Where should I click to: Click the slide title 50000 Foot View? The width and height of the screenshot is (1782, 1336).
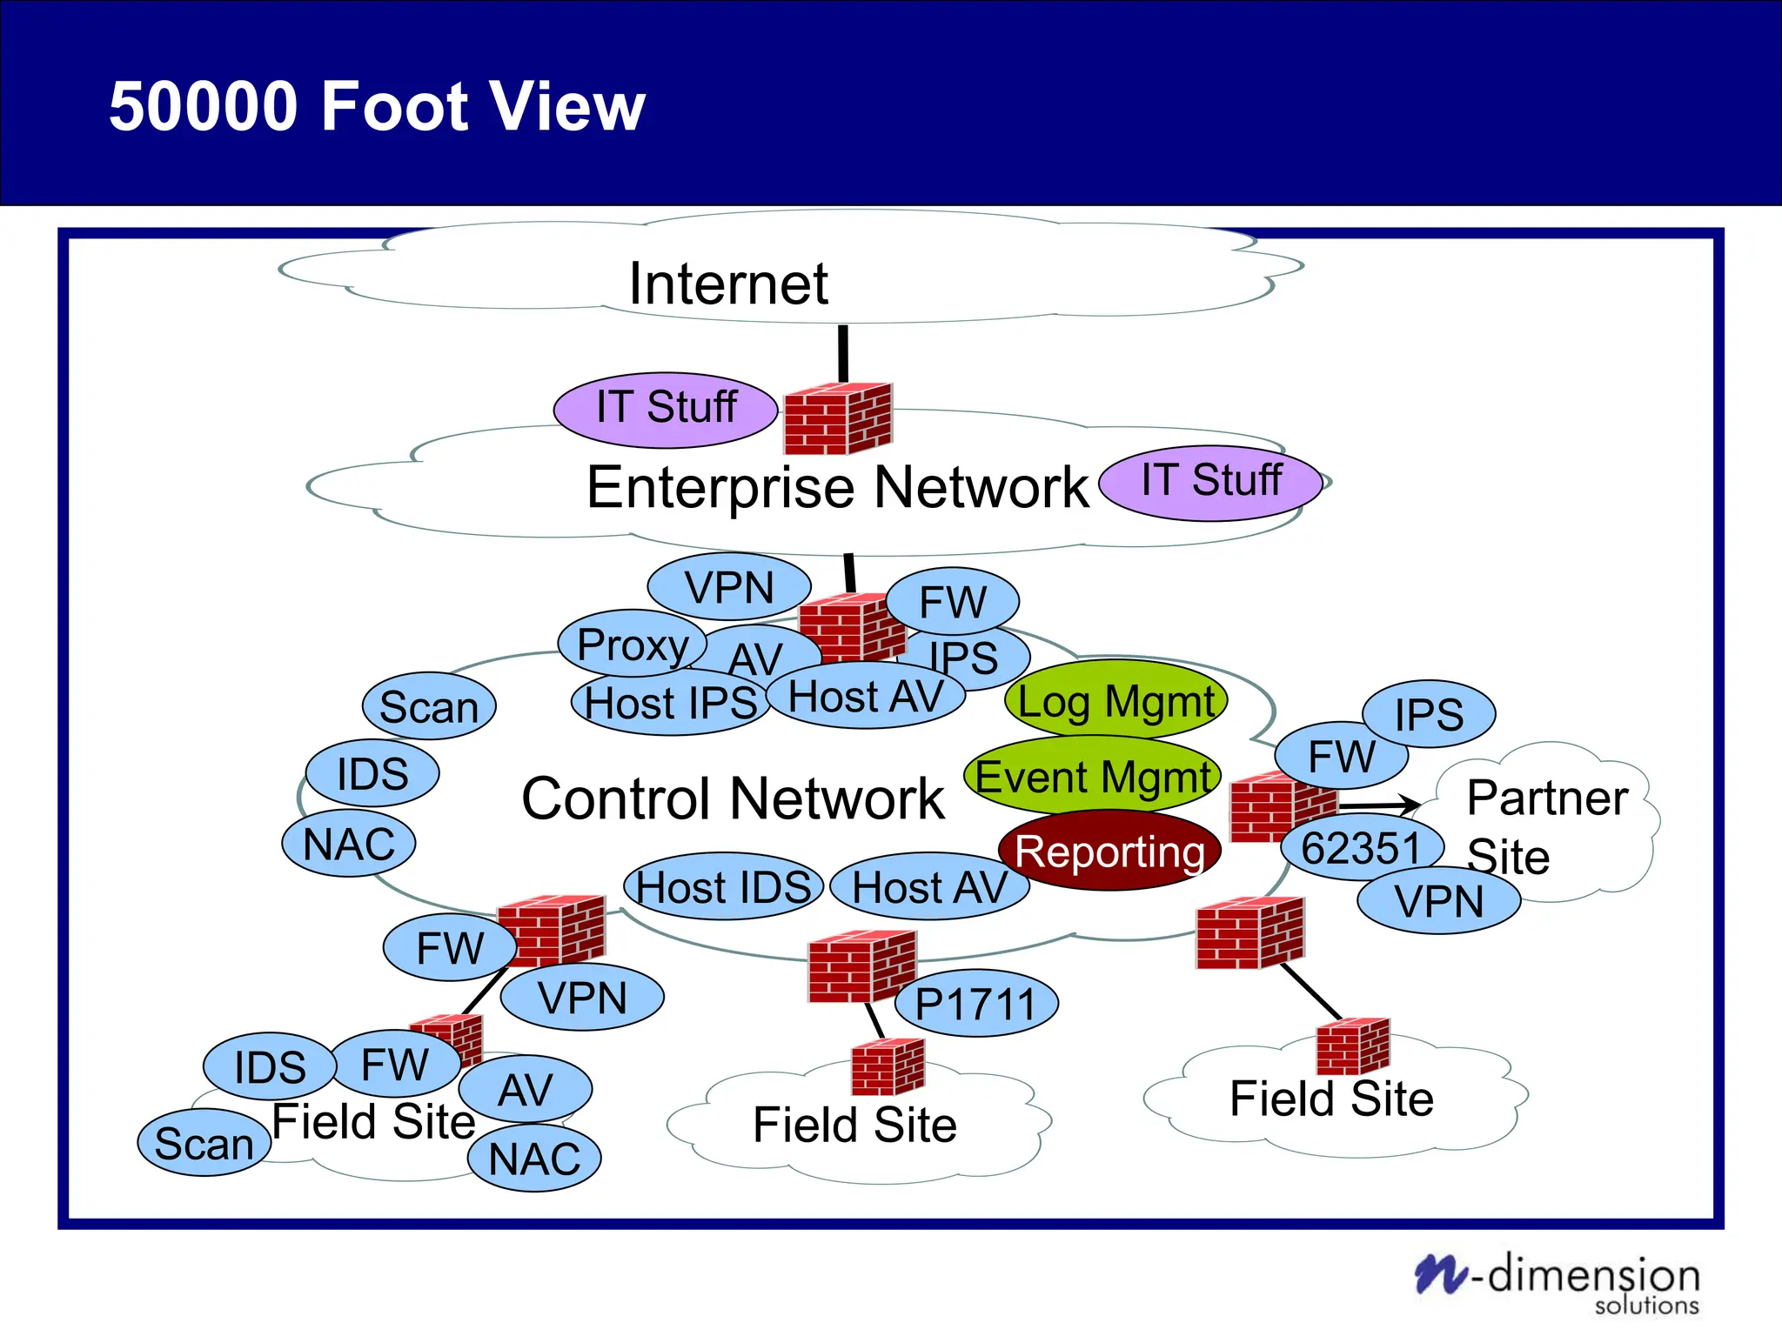click(x=377, y=106)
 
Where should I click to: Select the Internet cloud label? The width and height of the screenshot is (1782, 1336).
click(x=728, y=284)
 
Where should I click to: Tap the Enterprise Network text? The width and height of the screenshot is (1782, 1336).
click(x=837, y=487)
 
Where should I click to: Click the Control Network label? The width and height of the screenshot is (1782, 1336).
click(x=733, y=798)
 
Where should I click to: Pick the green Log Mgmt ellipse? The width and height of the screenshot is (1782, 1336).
click(x=1115, y=701)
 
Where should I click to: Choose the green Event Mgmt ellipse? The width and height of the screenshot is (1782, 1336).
click(x=1092, y=776)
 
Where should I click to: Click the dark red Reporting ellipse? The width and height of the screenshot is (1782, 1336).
click(x=1109, y=852)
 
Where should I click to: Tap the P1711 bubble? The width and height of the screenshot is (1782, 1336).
click(x=975, y=1004)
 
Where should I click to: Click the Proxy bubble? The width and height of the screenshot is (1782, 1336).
click(x=632, y=645)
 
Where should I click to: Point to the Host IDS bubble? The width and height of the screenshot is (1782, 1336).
click(x=723, y=887)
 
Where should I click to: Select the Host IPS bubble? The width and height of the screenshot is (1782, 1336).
click(x=670, y=703)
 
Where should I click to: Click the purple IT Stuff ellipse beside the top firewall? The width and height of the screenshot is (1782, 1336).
click(x=666, y=408)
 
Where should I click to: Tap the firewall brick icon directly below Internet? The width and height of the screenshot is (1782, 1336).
click(x=838, y=419)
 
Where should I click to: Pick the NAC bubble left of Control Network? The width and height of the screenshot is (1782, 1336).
click(x=349, y=844)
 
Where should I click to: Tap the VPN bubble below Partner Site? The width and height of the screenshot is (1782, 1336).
click(x=1439, y=901)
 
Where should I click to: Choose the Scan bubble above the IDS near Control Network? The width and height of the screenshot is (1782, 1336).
click(x=429, y=706)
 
